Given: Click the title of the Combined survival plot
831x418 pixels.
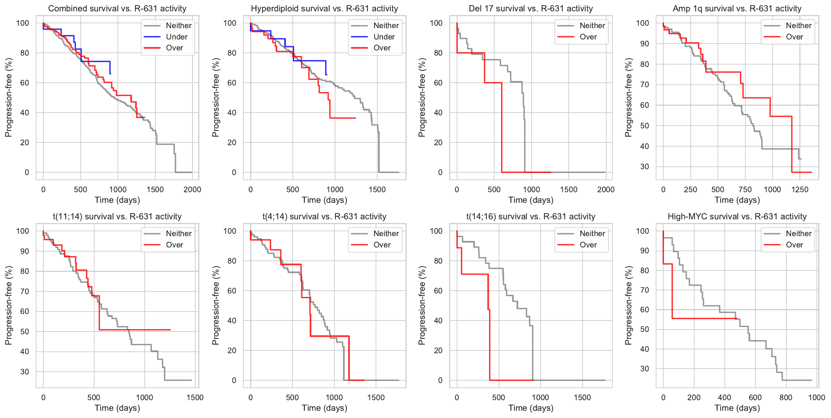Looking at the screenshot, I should tap(117, 9).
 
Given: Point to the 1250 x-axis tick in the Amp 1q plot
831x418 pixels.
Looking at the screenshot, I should tap(800, 189).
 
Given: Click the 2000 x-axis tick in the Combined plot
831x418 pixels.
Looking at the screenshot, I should tap(192, 189).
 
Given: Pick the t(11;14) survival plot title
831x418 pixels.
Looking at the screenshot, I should tap(117, 217).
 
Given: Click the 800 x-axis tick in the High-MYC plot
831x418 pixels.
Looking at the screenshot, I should tap(786, 397).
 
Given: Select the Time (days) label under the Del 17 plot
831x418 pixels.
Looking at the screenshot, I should tap(531, 200).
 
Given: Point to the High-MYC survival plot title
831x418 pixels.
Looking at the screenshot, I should tap(737, 217).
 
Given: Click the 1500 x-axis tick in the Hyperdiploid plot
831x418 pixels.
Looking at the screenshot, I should tap(377, 189).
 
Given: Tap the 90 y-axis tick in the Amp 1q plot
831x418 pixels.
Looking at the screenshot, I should tap(642, 44).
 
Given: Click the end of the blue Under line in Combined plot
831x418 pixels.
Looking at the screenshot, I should tap(110, 74).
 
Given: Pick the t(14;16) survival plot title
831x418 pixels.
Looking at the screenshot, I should tap(531, 217).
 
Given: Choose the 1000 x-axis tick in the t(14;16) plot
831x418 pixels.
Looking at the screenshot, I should tap(540, 397).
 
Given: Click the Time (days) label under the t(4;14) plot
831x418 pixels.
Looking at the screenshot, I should tap(324, 408).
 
